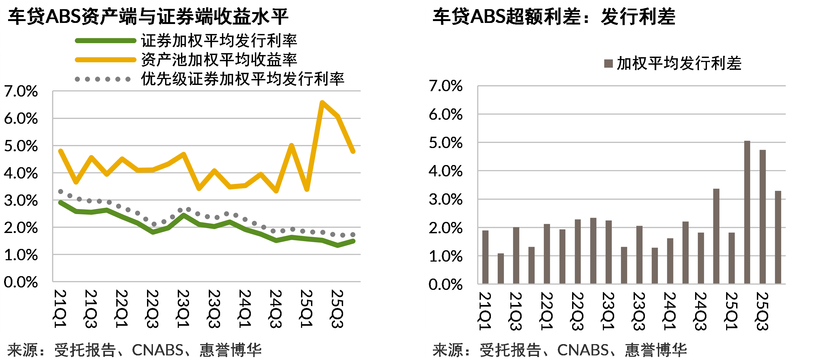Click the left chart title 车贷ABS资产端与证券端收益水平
148,17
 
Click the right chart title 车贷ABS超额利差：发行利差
554,17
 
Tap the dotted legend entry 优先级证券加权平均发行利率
242,79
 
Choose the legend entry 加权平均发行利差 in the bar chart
679,63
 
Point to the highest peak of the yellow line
322,103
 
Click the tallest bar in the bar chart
747,212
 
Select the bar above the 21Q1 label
486,257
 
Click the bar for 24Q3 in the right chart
701,258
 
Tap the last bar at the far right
778,237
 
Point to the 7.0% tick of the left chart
21,91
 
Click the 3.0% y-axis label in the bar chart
446,200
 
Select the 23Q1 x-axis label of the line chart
183,309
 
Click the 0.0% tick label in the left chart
21,282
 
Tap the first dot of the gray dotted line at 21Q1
61,191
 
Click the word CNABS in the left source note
157,350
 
